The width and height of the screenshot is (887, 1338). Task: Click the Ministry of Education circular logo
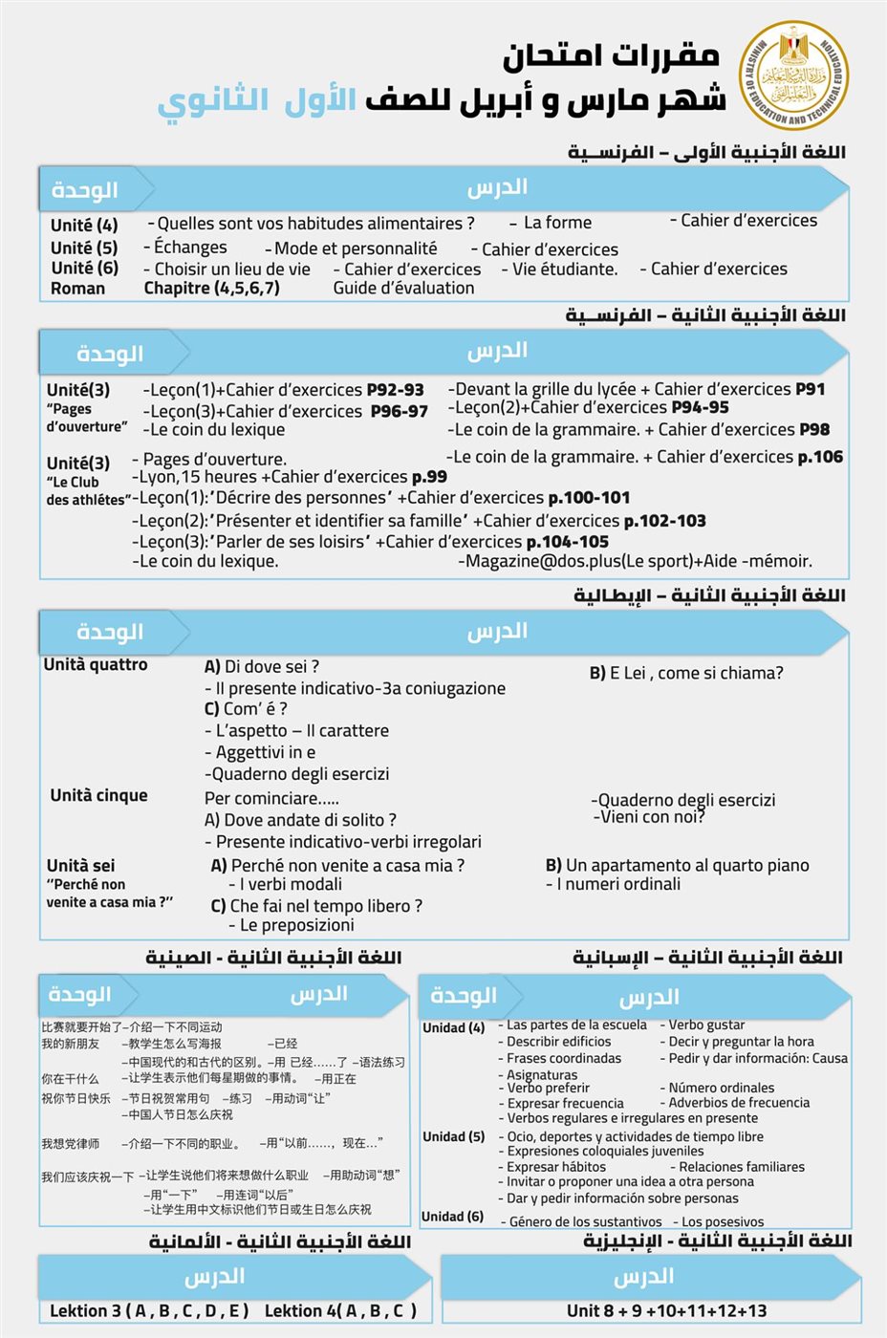[793, 76]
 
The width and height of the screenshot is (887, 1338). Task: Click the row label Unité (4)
[84, 225]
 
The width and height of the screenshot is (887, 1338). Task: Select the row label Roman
[77, 288]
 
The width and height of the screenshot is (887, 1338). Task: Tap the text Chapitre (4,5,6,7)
[211, 288]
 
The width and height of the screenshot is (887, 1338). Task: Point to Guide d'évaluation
[403, 288]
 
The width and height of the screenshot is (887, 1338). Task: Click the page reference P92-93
[395, 390]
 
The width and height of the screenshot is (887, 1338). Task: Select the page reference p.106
[820, 457]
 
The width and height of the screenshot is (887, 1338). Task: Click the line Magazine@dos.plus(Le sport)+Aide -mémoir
[635, 561]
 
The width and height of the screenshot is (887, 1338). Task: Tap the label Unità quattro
[96, 664]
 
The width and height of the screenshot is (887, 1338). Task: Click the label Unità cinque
[98, 795]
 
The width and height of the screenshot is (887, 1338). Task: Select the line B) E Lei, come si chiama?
[685, 673]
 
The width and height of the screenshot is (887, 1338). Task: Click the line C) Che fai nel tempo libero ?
[315, 905]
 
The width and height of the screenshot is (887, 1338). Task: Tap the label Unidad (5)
[453, 1136]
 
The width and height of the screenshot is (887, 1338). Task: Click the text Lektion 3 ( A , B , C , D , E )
[149, 1310]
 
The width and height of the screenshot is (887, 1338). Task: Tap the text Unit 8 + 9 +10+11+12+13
[666, 1310]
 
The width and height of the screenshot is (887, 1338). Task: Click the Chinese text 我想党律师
[70, 1143]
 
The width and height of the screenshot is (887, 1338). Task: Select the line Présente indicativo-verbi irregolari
[342, 841]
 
